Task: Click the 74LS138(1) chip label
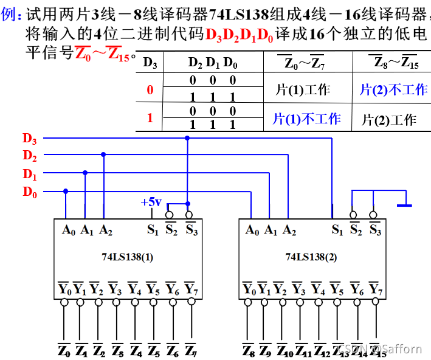127,257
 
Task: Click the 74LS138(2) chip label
311,257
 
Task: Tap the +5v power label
151,201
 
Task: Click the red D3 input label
30,138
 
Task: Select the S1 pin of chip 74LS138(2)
336,230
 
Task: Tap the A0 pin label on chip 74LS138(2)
252,230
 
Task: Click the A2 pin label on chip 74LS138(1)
105,230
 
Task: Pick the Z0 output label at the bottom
64,351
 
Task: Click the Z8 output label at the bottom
248,351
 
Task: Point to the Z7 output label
190,351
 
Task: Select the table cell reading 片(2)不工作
393,90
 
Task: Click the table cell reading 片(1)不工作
306,119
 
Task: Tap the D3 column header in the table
150,62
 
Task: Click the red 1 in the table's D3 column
150,118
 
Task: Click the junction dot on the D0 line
66,191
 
